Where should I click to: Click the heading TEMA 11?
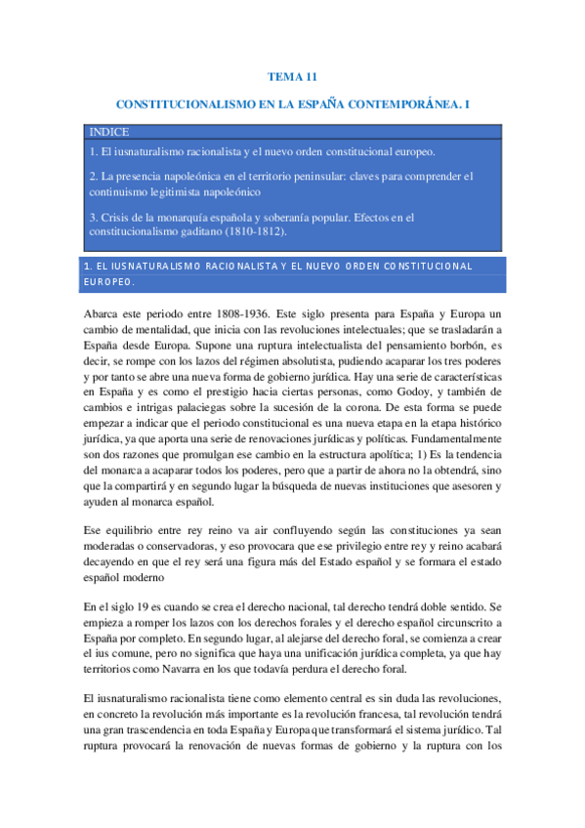click(292, 75)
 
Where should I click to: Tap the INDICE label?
click(108, 132)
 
